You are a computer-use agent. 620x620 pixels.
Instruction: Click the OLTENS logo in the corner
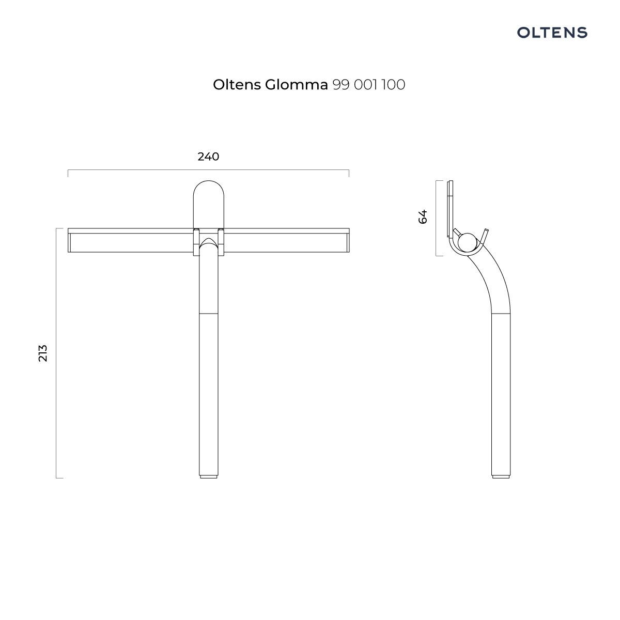(552, 33)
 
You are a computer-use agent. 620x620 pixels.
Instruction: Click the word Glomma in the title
(296, 85)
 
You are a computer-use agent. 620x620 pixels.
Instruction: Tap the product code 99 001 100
(369, 85)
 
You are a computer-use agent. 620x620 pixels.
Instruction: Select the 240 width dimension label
(208, 157)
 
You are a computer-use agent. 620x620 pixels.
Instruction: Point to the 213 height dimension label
(43, 353)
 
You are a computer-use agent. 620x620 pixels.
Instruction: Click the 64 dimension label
(423, 216)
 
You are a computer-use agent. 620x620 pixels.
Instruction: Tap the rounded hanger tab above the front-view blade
(209, 204)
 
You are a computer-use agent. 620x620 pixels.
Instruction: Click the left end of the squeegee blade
(68, 240)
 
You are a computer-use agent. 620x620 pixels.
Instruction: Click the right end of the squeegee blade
(349, 240)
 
